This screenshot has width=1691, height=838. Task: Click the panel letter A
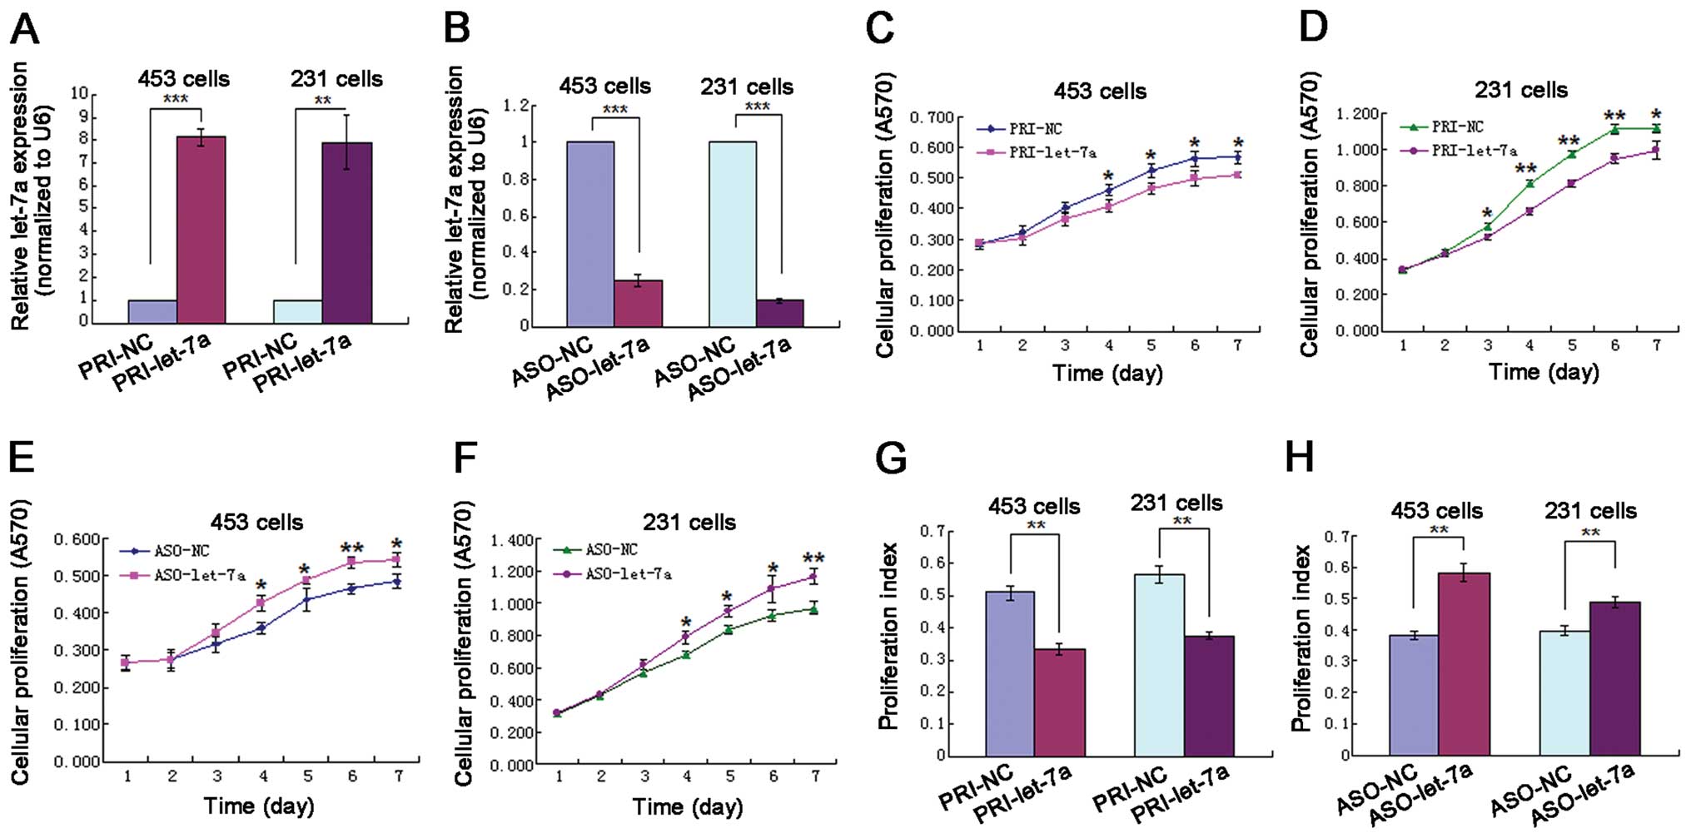(24, 30)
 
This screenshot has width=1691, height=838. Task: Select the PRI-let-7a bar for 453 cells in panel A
(201, 230)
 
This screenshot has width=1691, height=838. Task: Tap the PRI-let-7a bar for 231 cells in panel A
(346, 233)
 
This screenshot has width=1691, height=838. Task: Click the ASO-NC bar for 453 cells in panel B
(590, 234)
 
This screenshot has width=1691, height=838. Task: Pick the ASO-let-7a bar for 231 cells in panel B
(780, 313)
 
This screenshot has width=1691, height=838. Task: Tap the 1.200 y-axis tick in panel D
(1355, 114)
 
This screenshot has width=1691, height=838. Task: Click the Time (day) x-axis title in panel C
(1107, 373)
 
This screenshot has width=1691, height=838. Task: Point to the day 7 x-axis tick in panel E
(399, 776)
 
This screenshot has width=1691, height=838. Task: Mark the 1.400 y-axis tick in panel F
(511, 541)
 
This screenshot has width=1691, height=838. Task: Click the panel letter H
(1300, 459)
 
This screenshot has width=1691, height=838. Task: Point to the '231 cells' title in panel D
(1521, 90)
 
